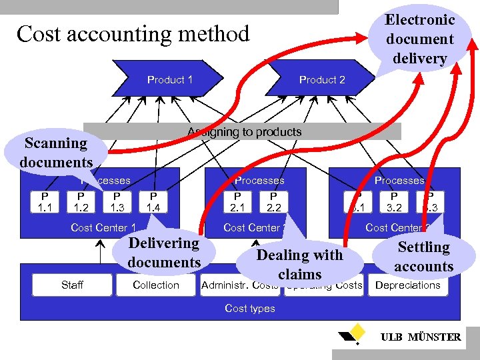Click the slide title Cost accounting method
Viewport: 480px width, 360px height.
(x=133, y=33)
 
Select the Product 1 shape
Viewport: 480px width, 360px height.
(x=171, y=79)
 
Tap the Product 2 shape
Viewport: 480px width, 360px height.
(x=322, y=79)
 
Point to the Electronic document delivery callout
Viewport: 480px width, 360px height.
(x=419, y=39)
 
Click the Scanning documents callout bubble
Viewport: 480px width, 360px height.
(x=56, y=152)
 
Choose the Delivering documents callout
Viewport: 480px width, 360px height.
(x=164, y=252)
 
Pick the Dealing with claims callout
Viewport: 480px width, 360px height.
(x=299, y=264)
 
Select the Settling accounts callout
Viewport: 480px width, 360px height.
(x=423, y=256)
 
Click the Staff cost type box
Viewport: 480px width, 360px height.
(x=72, y=285)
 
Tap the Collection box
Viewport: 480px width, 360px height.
(x=156, y=285)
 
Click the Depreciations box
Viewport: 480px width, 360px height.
(x=408, y=285)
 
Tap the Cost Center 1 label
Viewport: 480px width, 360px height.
(x=103, y=227)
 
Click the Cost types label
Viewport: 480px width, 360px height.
(x=250, y=308)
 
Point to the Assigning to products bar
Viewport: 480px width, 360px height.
(x=244, y=132)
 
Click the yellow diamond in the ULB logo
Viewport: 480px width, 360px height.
(x=358, y=330)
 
